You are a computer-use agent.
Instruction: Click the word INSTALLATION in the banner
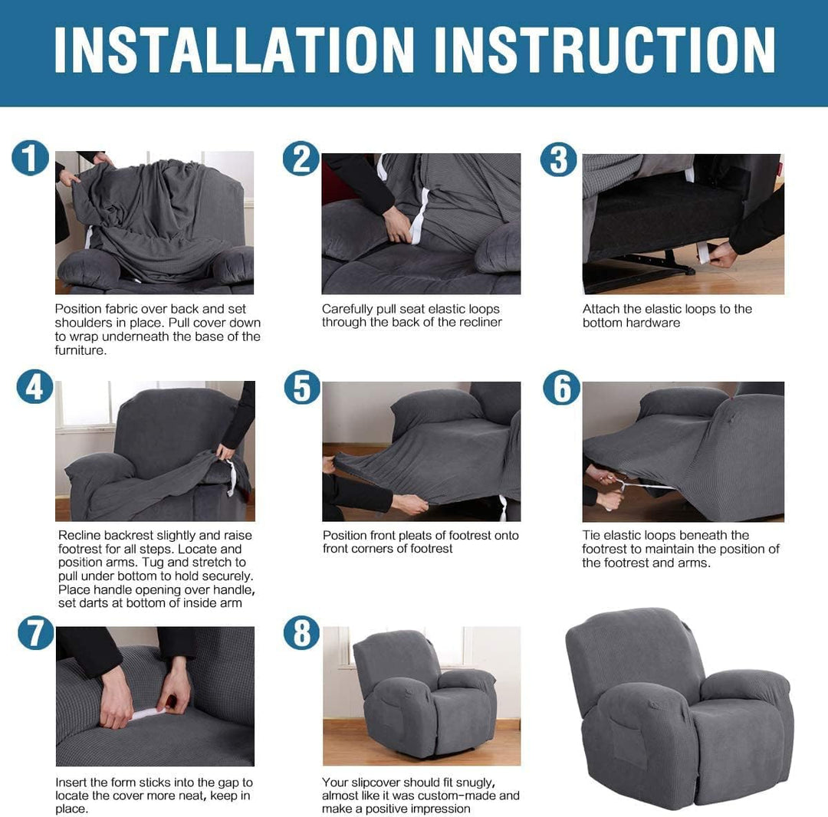click(234, 49)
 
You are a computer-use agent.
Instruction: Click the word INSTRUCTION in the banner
click(605, 49)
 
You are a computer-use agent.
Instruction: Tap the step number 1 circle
click(30, 158)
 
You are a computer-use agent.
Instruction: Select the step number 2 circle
click(301, 159)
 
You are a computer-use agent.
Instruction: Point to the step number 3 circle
click(558, 159)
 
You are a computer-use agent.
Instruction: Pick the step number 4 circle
click(34, 387)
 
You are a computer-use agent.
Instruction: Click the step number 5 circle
click(302, 387)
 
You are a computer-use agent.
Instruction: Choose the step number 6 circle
click(561, 388)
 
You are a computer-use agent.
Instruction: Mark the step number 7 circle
click(35, 632)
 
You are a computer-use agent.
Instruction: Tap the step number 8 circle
click(301, 632)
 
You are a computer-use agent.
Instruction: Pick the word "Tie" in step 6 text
click(590, 535)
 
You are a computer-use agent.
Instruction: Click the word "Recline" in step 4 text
click(79, 535)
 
